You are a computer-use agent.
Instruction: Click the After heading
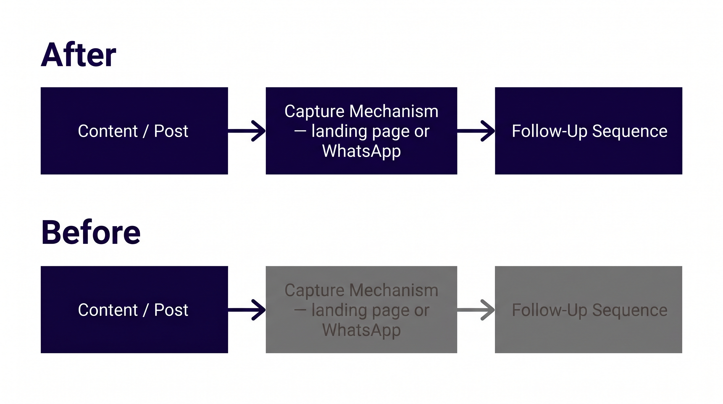[78, 55]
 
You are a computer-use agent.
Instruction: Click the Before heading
[91, 233]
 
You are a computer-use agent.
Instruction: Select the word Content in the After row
[108, 131]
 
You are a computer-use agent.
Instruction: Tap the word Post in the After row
[171, 131]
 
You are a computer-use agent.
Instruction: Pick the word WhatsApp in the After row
[361, 151]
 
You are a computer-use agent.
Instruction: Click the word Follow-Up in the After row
[549, 131]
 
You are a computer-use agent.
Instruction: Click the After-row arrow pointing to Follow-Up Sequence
[476, 131]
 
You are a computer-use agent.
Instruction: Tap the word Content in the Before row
[108, 310]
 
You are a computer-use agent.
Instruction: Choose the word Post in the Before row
[171, 310]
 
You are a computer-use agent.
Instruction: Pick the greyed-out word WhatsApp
[361, 330]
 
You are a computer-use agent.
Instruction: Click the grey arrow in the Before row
[476, 310]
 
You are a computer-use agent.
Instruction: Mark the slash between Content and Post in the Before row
[146, 310]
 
